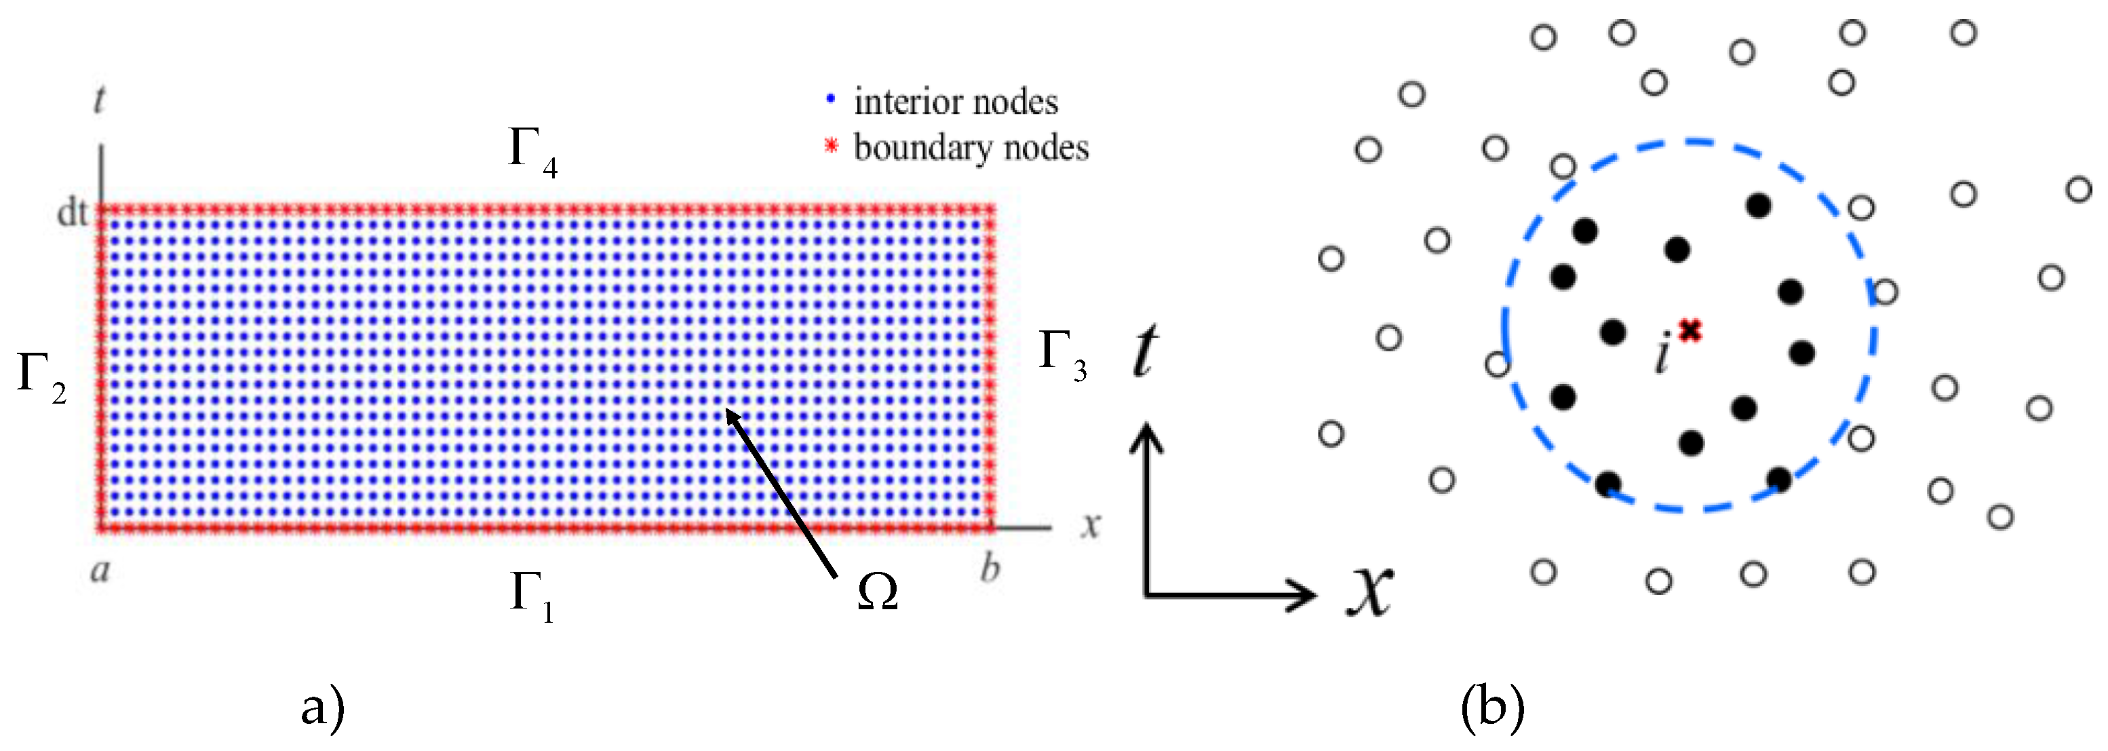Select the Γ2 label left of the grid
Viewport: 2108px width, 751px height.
click(x=41, y=377)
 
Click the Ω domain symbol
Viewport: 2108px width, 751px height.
click(x=877, y=592)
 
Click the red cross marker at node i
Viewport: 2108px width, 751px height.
click(x=1690, y=330)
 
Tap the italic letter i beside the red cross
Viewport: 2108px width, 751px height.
click(x=1662, y=355)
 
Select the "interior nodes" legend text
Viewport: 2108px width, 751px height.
click(x=956, y=102)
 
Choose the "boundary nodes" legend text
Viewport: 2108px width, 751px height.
click(x=971, y=148)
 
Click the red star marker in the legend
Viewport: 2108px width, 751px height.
click(x=831, y=147)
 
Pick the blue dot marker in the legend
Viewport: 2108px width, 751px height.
click(x=831, y=99)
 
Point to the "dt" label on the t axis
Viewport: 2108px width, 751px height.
click(x=72, y=213)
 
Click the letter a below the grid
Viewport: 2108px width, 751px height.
click(x=100, y=569)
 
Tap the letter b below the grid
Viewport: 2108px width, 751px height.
click(x=990, y=568)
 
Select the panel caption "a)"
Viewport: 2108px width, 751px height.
click(x=322, y=708)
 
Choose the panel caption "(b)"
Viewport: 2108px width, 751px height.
click(x=1493, y=708)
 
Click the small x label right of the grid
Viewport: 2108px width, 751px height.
click(x=1089, y=524)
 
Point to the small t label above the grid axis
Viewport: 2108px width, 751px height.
click(x=99, y=100)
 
